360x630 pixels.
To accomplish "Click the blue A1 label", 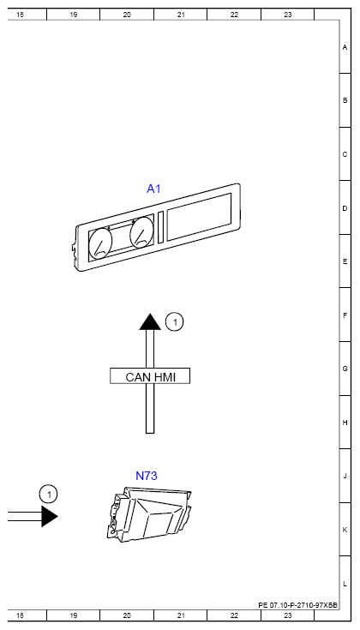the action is (153, 189).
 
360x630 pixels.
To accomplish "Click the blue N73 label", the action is (147, 476).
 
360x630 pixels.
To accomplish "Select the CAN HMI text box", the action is (150, 376).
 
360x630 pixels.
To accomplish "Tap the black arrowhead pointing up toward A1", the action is (150, 321).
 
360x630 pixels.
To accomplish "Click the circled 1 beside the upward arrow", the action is (174, 322).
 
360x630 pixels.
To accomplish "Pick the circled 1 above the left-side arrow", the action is (49, 495).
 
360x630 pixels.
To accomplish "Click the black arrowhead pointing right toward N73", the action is (50, 516).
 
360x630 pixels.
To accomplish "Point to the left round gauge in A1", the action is (100, 243).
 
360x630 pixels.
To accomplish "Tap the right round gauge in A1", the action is (141, 234).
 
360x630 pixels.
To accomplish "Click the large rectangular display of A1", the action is (199, 217).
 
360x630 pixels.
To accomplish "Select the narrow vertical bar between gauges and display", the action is (161, 227).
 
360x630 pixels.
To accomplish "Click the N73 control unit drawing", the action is (149, 515).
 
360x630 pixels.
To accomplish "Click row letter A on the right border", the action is (345, 47).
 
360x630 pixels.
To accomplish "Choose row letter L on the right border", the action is (345, 584).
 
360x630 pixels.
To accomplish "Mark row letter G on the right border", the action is (345, 369).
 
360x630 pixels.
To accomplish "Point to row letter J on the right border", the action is (345, 476).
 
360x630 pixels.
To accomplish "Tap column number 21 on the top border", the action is (181, 15).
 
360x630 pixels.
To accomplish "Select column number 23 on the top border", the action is (288, 15).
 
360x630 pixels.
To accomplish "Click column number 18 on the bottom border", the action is (20, 615).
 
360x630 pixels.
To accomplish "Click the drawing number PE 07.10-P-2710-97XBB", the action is (297, 605).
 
